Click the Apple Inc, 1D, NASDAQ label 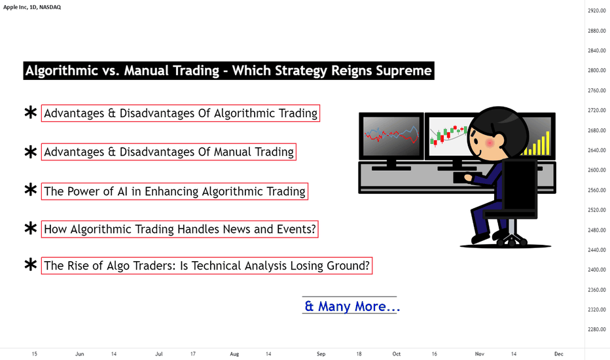32,7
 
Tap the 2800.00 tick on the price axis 597,71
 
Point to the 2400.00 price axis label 597,270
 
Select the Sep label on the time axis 321,353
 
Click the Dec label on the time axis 559,353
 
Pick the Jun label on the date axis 79,353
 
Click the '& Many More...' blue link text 352,306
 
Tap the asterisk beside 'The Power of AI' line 30,190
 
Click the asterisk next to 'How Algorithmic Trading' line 30,228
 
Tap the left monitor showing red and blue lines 391,135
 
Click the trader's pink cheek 490,143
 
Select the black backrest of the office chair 520,185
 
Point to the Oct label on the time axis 397,353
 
